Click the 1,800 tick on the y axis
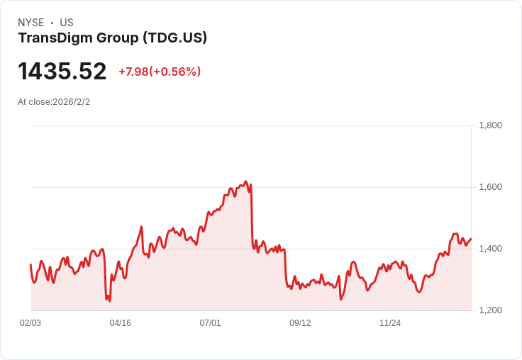point(490,125)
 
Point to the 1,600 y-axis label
point(490,187)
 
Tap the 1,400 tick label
point(490,249)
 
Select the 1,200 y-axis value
point(490,310)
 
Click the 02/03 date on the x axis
point(30,323)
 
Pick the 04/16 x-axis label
point(121,323)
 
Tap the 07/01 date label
point(210,323)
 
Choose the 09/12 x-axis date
point(300,323)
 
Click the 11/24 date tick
point(390,323)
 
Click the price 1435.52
point(62,72)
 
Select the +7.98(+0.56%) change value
point(160,72)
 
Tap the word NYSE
point(31,23)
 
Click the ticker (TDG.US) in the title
point(174,38)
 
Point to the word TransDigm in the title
point(50,38)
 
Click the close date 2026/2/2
point(71,102)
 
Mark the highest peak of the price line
point(245,181)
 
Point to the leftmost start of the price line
point(30,264)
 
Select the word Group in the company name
point(113,38)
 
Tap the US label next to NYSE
point(67,23)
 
